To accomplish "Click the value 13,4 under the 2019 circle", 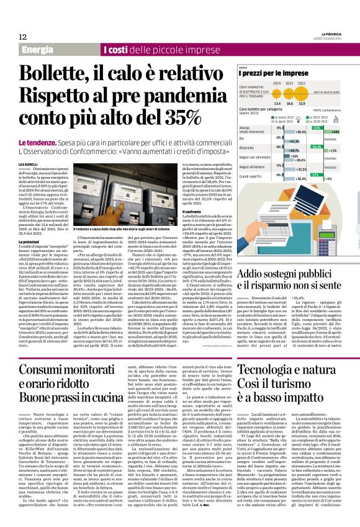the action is click(259, 104).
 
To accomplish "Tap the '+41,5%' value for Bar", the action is click(294, 141).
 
